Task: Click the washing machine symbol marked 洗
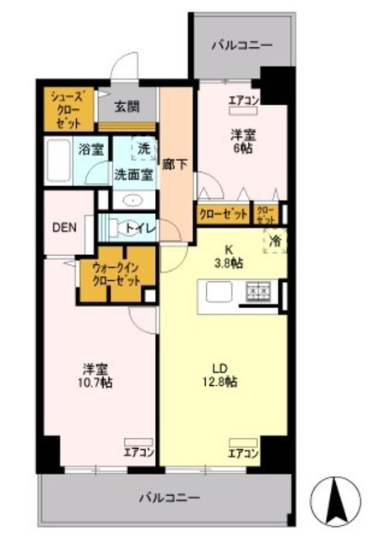[142, 149]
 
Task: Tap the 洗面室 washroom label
[133, 175]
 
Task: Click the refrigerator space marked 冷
[275, 241]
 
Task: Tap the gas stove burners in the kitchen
[257, 291]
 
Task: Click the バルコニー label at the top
[241, 44]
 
